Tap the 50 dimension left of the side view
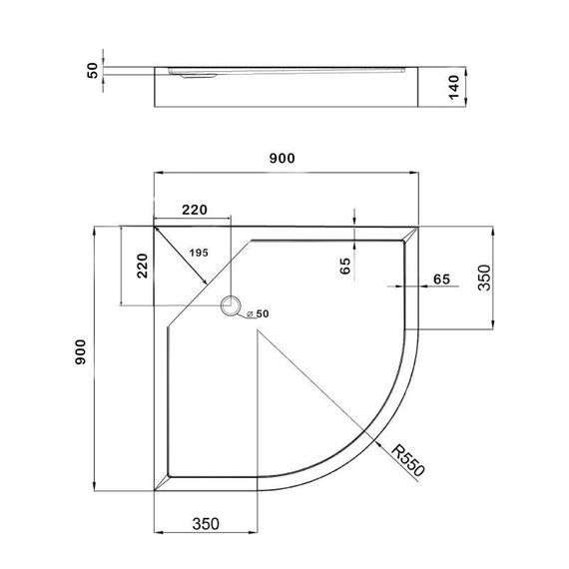tap(92, 71)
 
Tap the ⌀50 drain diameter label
tap(259, 314)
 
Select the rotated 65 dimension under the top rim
tap(344, 266)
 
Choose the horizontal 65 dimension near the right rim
tap(442, 280)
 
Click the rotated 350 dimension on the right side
tap(484, 277)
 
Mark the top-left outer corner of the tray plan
tap(153, 225)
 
